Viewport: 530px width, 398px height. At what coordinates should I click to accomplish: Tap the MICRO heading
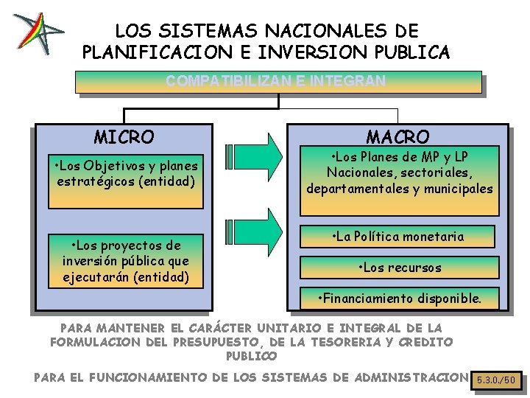click(x=124, y=137)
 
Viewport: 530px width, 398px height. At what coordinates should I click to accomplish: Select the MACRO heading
click(x=397, y=137)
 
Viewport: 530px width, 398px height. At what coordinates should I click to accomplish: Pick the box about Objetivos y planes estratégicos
click(x=125, y=172)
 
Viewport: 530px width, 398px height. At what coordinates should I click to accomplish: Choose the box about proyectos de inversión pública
click(x=125, y=261)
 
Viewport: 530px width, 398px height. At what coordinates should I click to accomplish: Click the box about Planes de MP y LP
click(x=400, y=172)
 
